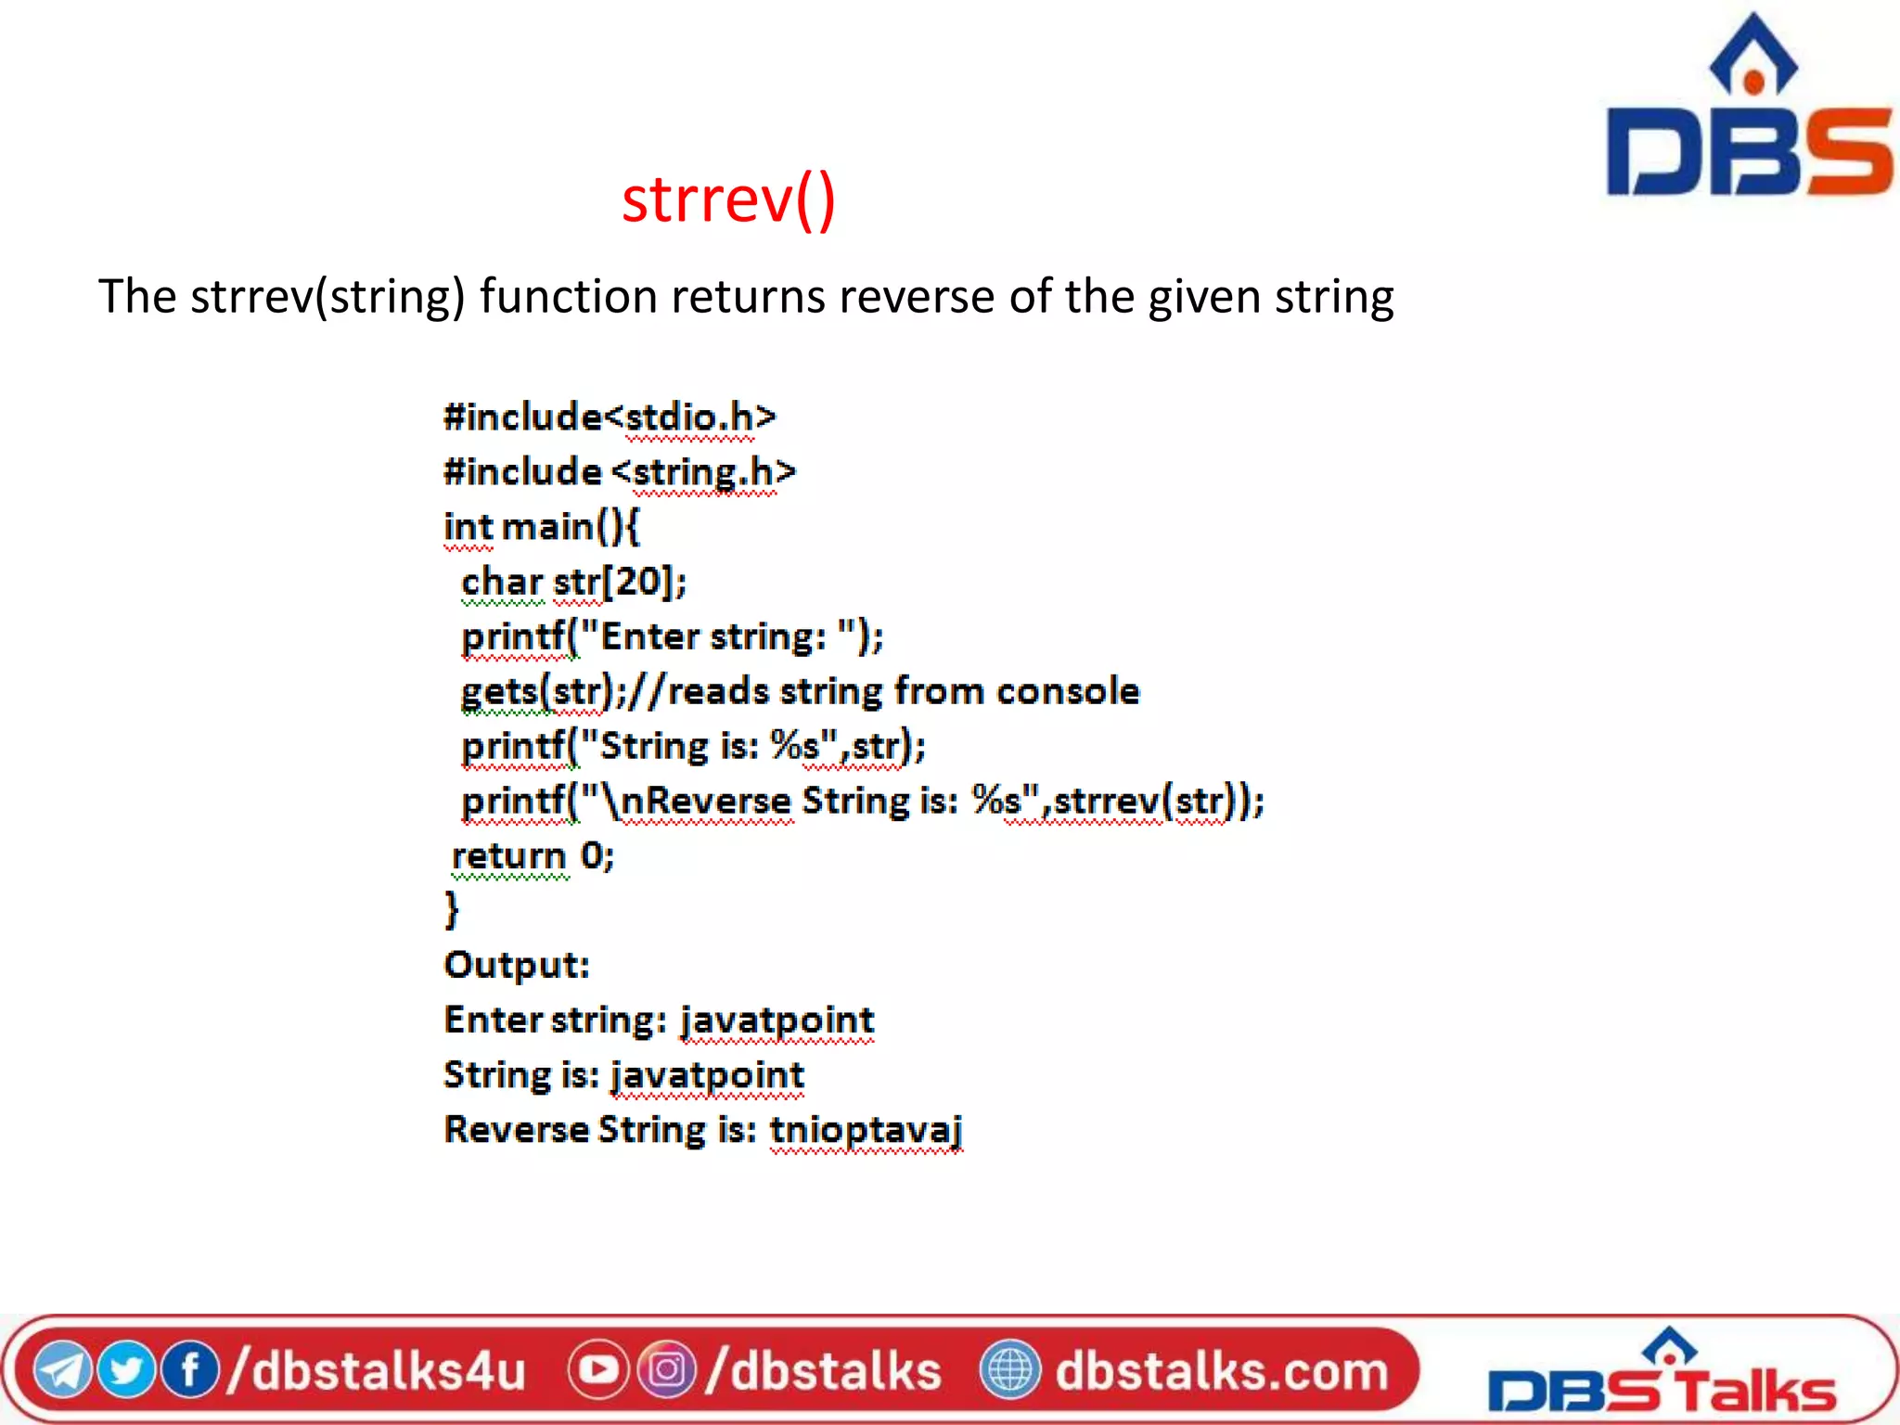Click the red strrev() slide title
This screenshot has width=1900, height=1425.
pyautogui.click(x=728, y=199)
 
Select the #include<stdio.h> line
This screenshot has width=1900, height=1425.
pyautogui.click(x=610, y=417)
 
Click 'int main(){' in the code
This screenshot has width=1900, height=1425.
pyautogui.click(x=542, y=527)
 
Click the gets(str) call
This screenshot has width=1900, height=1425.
pyautogui.click(x=536, y=691)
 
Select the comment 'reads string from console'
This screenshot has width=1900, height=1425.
pyautogui.click(x=903, y=691)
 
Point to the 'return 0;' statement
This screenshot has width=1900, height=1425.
pyautogui.click(x=533, y=855)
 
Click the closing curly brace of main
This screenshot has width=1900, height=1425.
pyautogui.click(x=452, y=909)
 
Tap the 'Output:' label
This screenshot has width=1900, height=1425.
pyautogui.click(x=517, y=965)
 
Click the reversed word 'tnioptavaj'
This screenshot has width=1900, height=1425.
pyautogui.click(x=866, y=1130)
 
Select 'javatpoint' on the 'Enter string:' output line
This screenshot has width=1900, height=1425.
pyautogui.click(x=777, y=1021)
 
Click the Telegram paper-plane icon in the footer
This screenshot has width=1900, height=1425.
pyautogui.click(x=61, y=1370)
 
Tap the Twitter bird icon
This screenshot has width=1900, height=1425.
pyautogui.click(x=125, y=1370)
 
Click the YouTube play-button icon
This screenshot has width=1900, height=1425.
pyautogui.click(x=597, y=1370)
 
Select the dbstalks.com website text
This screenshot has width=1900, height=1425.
pyautogui.click(x=1221, y=1370)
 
